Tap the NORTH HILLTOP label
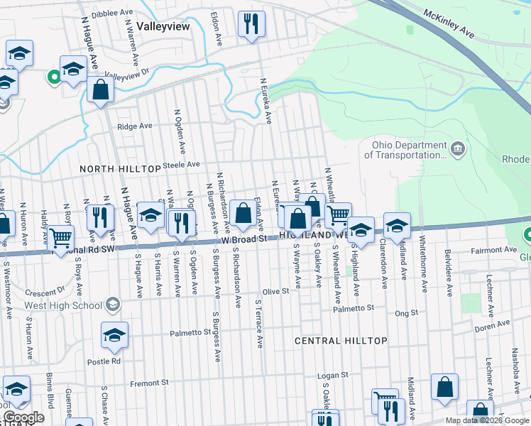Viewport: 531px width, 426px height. (x=120, y=169)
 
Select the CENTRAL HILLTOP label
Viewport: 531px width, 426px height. (x=341, y=341)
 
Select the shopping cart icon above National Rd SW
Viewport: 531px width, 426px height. (x=61, y=237)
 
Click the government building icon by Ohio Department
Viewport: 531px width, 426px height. (x=458, y=149)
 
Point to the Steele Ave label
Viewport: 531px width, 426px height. (x=182, y=164)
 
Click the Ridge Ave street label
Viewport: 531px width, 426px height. (x=135, y=126)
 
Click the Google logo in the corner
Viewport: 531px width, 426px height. (x=24, y=417)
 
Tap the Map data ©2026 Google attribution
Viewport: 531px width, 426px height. (x=486, y=420)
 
